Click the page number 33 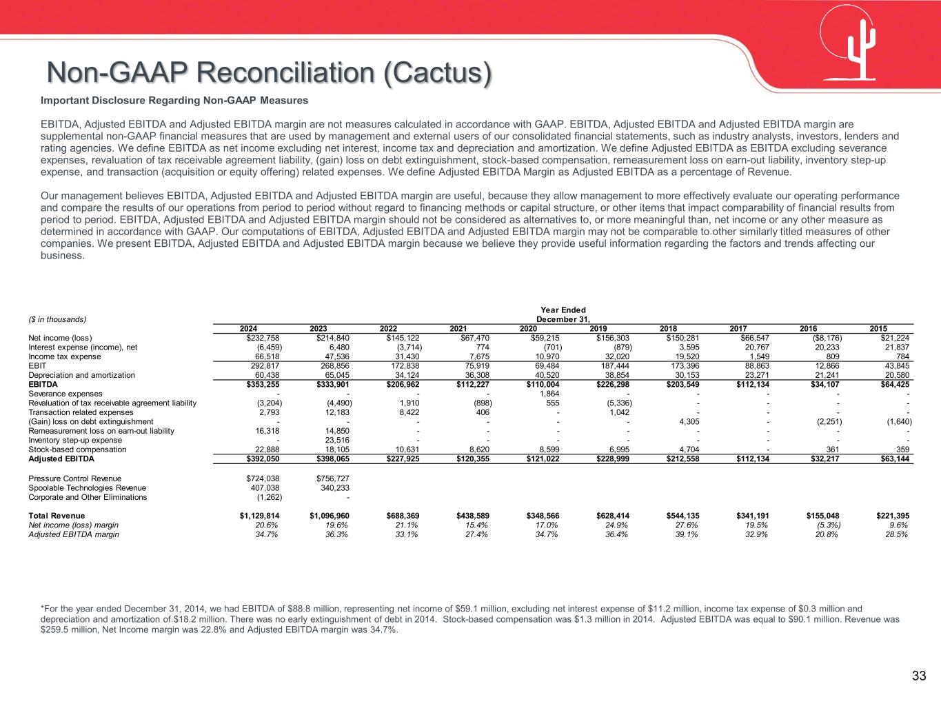tap(919, 676)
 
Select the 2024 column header tap(249, 328)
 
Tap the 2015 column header tap(878, 328)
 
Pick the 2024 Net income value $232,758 tap(263, 338)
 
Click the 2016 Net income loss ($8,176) tap(825, 338)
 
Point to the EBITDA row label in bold tap(43, 384)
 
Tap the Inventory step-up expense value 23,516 tap(336, 440)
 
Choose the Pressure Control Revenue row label tap(74, 478)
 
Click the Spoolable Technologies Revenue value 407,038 tap(265, 487)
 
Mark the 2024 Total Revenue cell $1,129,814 tap(260, 516)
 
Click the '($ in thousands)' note tap(57, 319)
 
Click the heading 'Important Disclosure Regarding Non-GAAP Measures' tap(174, 101)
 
